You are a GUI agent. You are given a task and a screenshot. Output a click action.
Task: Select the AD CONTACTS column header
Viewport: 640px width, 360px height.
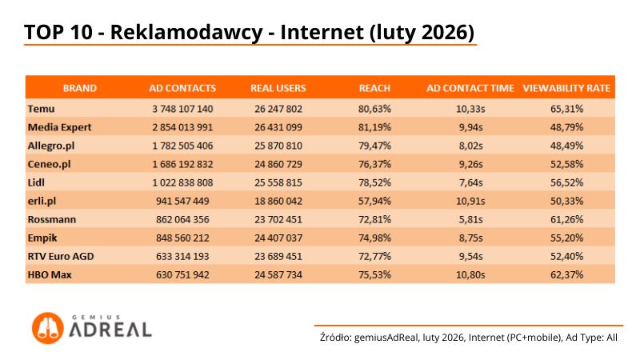pos(182,88)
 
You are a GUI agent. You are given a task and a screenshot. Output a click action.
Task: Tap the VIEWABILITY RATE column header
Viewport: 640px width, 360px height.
pos(566,88)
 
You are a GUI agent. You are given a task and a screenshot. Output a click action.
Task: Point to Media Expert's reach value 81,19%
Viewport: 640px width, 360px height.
pos(374,126)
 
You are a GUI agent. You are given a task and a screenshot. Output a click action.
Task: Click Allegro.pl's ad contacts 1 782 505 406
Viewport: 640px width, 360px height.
pos(182,145)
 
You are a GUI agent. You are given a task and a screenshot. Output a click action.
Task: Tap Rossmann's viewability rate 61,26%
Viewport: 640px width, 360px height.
pos(566,218)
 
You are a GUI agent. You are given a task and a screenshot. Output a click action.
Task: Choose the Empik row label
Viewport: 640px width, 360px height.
pos(42,237)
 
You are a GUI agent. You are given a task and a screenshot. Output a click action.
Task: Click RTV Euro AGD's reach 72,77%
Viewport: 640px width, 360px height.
pos(374,256)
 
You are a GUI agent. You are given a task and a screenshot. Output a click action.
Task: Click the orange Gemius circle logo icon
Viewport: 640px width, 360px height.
pos(48,328)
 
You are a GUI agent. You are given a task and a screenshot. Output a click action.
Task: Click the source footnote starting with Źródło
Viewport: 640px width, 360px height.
pos(468,338)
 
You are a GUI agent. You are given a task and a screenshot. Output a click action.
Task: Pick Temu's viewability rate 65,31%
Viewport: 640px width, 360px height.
pos(566,108)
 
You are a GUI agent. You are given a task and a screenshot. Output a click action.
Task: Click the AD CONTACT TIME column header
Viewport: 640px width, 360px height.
pos(470,88)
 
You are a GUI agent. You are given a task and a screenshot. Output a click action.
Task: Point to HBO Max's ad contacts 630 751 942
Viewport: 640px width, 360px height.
pos(182,274)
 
